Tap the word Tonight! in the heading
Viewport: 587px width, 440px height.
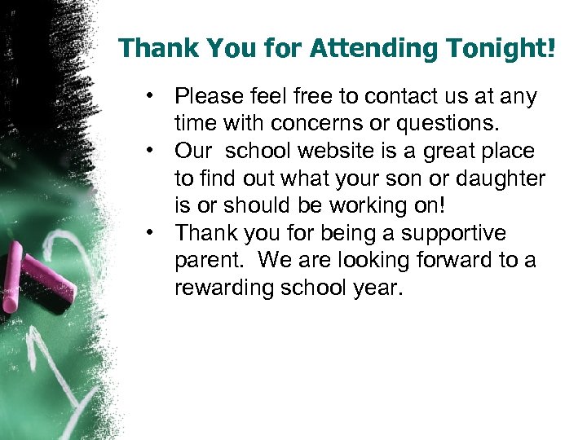pos(499,48)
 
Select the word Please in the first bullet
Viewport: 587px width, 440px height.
pos(208,97)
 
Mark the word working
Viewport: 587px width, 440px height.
pos(365,206)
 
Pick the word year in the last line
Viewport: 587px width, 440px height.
pos(382,288)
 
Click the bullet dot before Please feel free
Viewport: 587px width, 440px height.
pos(152,95)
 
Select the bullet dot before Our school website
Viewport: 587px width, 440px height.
pos(152,151)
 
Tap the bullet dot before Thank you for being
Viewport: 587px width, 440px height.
pos(152,232)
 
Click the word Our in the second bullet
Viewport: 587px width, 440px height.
pos(193,152)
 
